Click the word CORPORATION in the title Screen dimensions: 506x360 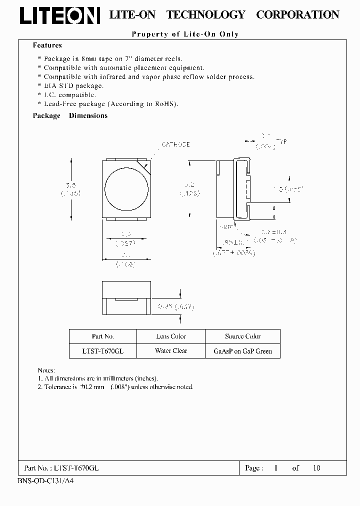pos(297,15)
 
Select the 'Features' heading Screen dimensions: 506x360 pos(47,45)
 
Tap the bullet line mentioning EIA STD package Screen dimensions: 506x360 pos(73,85)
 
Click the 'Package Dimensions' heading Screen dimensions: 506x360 pos(70,115)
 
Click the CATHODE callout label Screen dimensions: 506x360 pos(175,144)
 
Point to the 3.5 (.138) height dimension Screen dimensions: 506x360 pos(71,188)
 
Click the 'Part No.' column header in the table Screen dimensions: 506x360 pos(102,336)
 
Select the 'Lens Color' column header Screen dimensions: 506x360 pos(170,336)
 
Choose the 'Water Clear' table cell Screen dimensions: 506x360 pos(170,351)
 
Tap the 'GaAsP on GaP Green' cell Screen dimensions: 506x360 pos(242,351)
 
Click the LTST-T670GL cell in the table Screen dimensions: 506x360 pos(102,351)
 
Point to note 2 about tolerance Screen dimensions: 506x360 pos(115,386)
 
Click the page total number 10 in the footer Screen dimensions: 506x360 pos(316,468)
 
